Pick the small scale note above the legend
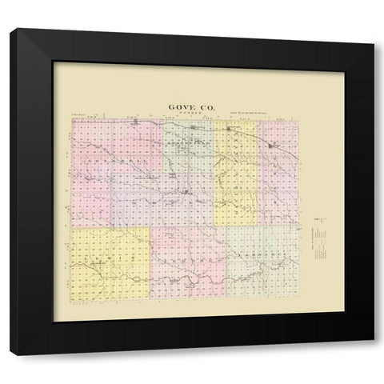[318, 218]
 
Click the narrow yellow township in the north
[236, 172]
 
